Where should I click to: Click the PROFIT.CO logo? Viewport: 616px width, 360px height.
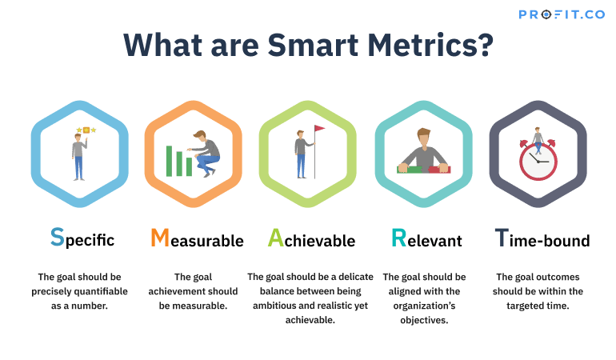point(562,14)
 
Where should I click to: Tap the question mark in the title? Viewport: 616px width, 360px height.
point(486,45)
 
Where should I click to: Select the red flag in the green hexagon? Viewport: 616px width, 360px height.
point(319,129)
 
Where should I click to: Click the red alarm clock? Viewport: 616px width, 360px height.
point(538,160)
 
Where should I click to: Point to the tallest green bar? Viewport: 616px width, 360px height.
point(170,161)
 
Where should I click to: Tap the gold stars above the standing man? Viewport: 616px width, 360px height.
point(86,130)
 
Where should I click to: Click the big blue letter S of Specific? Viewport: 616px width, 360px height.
point(58,237)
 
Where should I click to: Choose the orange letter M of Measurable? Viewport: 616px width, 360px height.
point(160,238)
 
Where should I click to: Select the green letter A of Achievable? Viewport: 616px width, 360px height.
point(275,238)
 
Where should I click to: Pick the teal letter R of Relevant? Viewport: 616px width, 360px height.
point(398,238)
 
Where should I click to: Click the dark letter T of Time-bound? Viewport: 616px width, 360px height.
point(502,238)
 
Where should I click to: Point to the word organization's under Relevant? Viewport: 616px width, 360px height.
point(424,306)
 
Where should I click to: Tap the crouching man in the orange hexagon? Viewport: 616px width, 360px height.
point(205,154)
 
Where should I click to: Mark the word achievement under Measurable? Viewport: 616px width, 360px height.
point(171,292)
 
